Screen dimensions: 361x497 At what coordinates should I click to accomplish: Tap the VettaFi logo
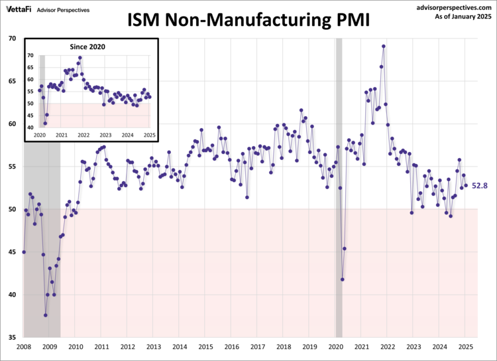coord(19,9)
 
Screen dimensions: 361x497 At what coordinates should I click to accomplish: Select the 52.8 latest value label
coord(480,186)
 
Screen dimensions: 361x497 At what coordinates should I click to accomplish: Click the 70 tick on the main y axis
coord(12,38)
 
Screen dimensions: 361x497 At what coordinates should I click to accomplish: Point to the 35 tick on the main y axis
coord(12,338)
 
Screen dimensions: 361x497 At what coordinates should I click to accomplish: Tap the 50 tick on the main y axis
coord(12,210)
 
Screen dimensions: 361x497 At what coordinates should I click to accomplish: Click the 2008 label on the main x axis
coord(23,347)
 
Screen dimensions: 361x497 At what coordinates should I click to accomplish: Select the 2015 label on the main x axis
coord(205,347)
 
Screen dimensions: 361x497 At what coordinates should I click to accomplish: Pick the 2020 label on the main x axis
coord(336,347)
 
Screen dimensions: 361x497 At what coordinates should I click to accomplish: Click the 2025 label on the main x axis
coord(466,347)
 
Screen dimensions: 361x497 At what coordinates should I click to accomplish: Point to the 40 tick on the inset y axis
coord(30,127)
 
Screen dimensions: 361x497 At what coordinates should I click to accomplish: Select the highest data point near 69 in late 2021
coord(384,46)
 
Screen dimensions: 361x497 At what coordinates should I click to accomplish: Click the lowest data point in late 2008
coord(46,315)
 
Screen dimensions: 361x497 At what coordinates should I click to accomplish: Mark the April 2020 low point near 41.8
coord(343,279)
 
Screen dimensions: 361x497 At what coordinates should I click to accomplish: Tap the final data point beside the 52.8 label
coord(466,186)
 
